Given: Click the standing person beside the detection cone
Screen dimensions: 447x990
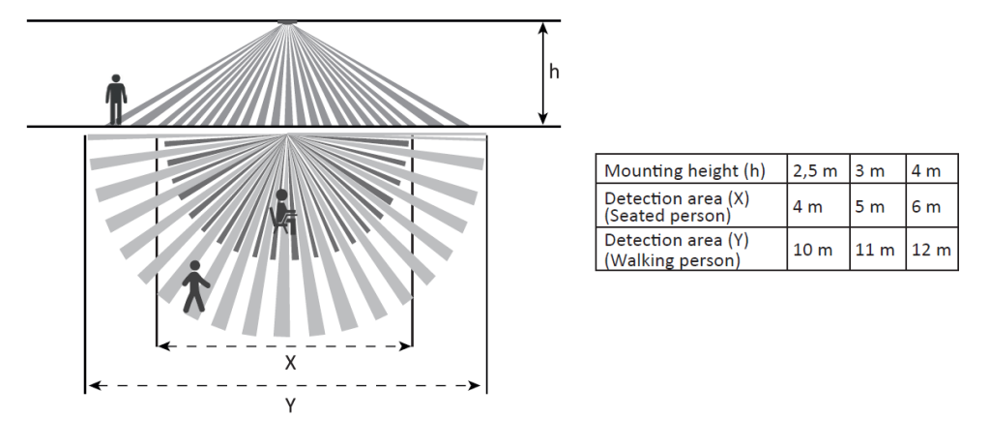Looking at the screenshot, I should [116, 99].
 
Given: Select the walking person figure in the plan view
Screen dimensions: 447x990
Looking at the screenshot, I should [194, 286].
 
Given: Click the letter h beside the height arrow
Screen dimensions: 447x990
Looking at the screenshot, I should [554, 73].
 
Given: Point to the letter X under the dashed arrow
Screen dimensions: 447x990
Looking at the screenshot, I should [290, 364].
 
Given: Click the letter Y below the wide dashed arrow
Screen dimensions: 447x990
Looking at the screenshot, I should [289, 406].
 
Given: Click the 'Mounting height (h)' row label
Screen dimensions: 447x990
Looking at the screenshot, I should [684, 171].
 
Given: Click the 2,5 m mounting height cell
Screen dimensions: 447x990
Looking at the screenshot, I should [816, 171].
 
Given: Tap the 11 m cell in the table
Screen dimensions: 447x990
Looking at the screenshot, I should [875, 250].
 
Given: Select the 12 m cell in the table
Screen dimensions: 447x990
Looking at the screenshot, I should [931, 250].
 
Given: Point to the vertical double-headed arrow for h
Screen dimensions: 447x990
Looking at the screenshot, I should [544, 74].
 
